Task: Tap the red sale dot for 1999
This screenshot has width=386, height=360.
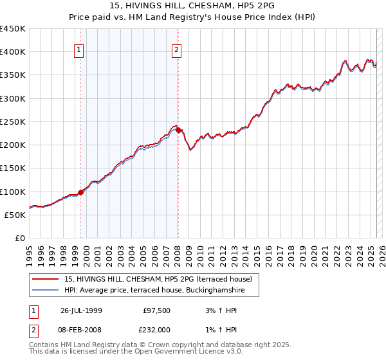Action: [x=81, y=192]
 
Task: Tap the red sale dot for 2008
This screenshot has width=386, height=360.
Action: [x=178, y=130]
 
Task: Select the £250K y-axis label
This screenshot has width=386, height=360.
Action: [x=14, y=122]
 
